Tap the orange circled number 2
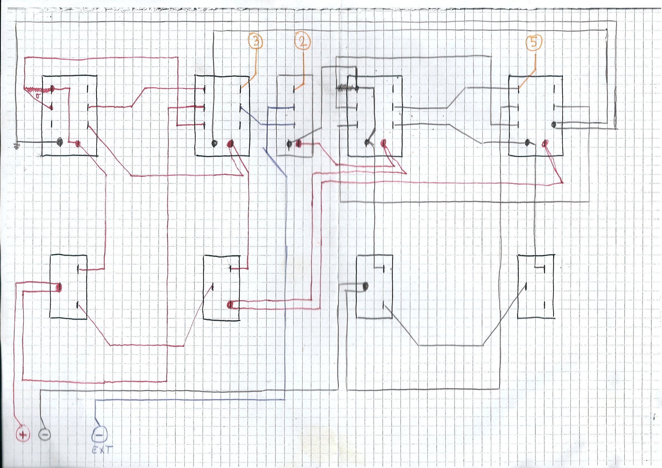(x=303, y=41)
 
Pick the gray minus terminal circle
(x=45, y=434)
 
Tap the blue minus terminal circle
(x=99, y=434)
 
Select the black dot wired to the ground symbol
(x=60, y=142)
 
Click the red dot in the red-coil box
(x=78, y=143)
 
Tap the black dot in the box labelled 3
(x=214, y=143)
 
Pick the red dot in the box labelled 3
(x=230, y=143)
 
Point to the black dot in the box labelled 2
(x=289, y=143)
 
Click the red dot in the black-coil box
(x=383, y=143)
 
